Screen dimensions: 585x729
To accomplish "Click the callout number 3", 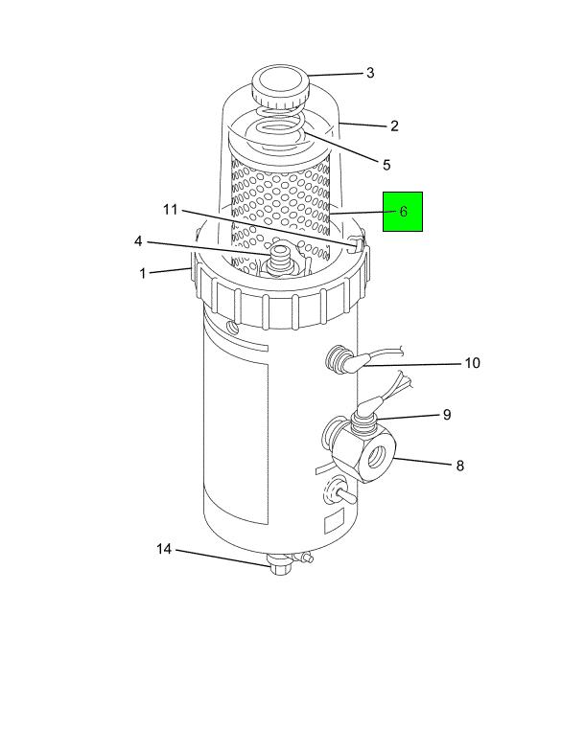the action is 370,73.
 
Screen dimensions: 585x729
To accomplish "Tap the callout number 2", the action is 394,126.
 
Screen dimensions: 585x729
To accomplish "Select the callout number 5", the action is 386,165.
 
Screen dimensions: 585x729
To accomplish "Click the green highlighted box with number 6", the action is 403,212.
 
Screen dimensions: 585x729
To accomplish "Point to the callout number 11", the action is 171,210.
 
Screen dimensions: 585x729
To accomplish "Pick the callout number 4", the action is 138,241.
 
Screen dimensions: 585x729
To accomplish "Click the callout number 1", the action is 143,273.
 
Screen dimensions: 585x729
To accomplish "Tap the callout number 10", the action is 473,363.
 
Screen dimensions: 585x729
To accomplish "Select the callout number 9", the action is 447,415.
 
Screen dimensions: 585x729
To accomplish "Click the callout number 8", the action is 459,466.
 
